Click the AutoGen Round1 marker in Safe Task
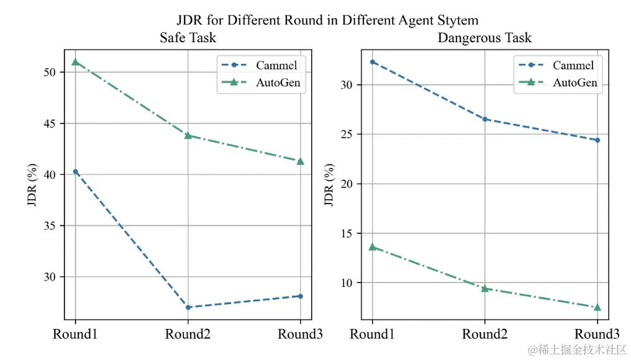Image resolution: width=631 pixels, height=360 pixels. (75, 62)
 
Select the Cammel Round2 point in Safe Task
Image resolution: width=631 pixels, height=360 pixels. (188, 307)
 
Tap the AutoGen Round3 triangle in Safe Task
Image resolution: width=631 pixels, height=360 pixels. (301, 161)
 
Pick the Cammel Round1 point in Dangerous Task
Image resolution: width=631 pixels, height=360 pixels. (372, 62)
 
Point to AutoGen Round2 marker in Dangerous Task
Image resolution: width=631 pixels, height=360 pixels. (484, 289)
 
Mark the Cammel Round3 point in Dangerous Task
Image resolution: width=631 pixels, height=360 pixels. (597, 140)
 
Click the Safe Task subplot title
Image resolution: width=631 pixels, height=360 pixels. (188, 38)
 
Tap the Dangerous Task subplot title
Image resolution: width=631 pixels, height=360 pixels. (484, 38)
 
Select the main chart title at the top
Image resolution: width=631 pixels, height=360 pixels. (327, 20)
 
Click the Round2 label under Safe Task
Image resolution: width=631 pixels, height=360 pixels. (188, 335)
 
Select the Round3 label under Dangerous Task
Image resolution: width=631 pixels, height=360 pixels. (597, 335)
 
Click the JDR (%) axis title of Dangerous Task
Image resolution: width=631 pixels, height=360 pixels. (329, 184)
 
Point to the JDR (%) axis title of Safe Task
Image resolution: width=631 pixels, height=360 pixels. (32, 184)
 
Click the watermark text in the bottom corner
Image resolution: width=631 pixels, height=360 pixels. (576, 349)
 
